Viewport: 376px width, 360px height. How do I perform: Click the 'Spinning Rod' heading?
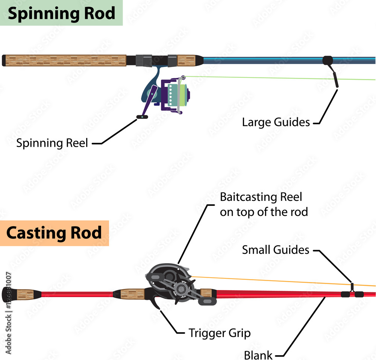[61, 13]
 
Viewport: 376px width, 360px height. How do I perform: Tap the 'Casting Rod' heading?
[54, 233]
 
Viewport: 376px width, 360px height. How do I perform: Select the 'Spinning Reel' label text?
[52, 143]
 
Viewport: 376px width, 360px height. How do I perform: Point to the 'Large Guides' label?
[276, 122]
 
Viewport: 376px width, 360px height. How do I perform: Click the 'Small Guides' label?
[276, 250]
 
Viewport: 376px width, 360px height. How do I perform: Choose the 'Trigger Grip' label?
[220, 333]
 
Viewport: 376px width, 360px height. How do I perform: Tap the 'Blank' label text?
[258, 354]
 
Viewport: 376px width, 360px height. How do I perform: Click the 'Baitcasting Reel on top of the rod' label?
[264, 204]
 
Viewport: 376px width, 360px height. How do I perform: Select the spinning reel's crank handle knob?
[142, 117]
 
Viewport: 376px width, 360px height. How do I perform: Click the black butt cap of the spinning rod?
[4, 61]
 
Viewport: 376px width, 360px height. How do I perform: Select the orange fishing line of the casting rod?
[271, 280]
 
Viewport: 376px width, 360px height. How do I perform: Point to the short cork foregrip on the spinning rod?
[186, 60]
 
